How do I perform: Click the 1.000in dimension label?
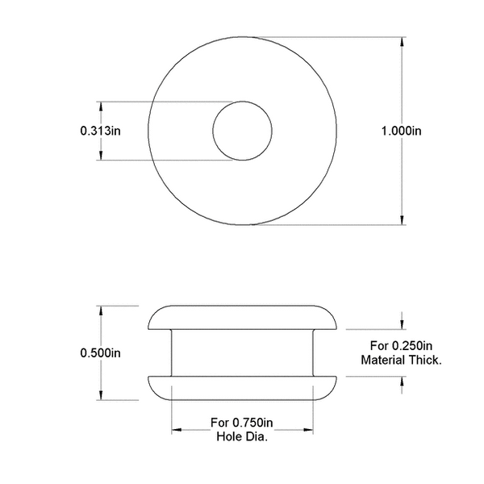[x=401, y=130]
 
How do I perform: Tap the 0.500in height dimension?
[x=100, y=353]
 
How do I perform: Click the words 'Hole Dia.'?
[x=242, y=437]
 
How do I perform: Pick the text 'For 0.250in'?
[x=401, y=345]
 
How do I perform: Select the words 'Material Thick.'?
[x=401, y=360]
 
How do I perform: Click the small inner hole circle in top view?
[x=242, y=131]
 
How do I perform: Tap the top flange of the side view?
[x=242, y=318]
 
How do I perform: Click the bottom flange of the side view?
[x=242, y=387]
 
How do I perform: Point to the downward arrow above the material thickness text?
[x=401, y=323]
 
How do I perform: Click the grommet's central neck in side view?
[x=242, y=353]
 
